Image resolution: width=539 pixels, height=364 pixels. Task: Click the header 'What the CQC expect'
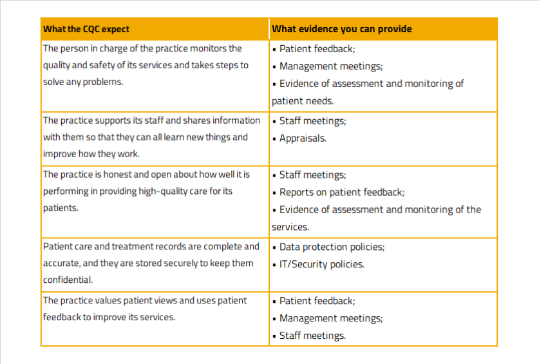(x=86, y=29)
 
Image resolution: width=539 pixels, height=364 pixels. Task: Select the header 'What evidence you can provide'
(x=341, y=29)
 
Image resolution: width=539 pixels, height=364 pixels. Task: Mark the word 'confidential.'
(x=68, y=280)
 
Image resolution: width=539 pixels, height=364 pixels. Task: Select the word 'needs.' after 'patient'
(x=320, y=101)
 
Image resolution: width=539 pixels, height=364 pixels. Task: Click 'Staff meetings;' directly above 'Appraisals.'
(x=312, y=120)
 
